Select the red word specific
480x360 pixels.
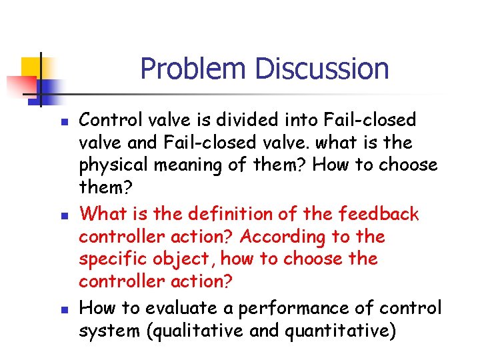(107, 259)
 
